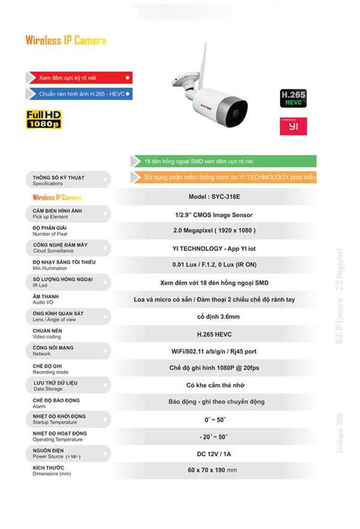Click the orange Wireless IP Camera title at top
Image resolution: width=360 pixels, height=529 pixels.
tap(66, 41)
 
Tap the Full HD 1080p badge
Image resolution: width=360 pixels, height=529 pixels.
tap(44, 119)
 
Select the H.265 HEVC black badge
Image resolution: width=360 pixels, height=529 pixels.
tap(293, 98)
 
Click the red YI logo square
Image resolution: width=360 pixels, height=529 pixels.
tap(293, 126)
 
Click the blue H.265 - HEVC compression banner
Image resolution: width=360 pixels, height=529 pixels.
tap(78, 94)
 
